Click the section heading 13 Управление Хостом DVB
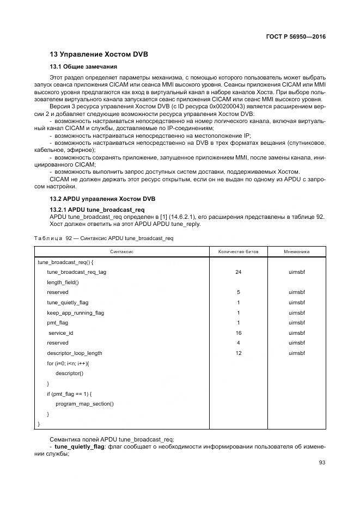(99, 54)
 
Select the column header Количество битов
(238, 252)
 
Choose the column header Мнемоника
(297, 252)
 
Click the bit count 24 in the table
(238, 272)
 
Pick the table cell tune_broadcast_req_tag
(77, 272)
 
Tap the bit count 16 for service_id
(238, 333)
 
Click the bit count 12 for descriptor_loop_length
(238, 353)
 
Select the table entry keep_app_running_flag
(75, 312)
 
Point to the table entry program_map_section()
(84, 404)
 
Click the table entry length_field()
(63, 282)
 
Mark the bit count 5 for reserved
(238, 292)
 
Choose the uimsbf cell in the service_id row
(297, 333)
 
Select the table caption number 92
(69, 238)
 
